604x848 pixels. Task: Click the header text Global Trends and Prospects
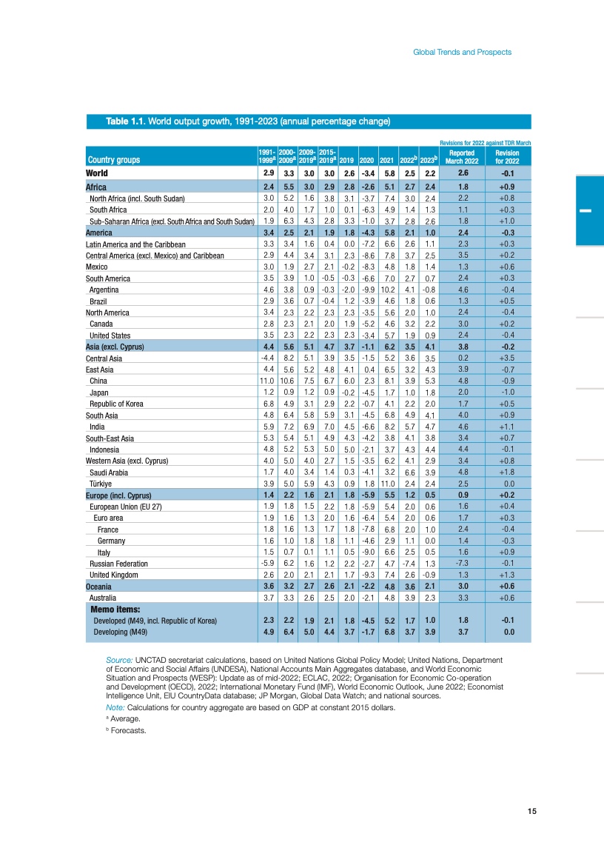[462, 52]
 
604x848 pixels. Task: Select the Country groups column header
[113, 159]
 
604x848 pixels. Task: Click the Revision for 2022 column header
[507, 156]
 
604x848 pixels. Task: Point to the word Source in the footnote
[120, 659]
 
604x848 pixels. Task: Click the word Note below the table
[117, 707]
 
